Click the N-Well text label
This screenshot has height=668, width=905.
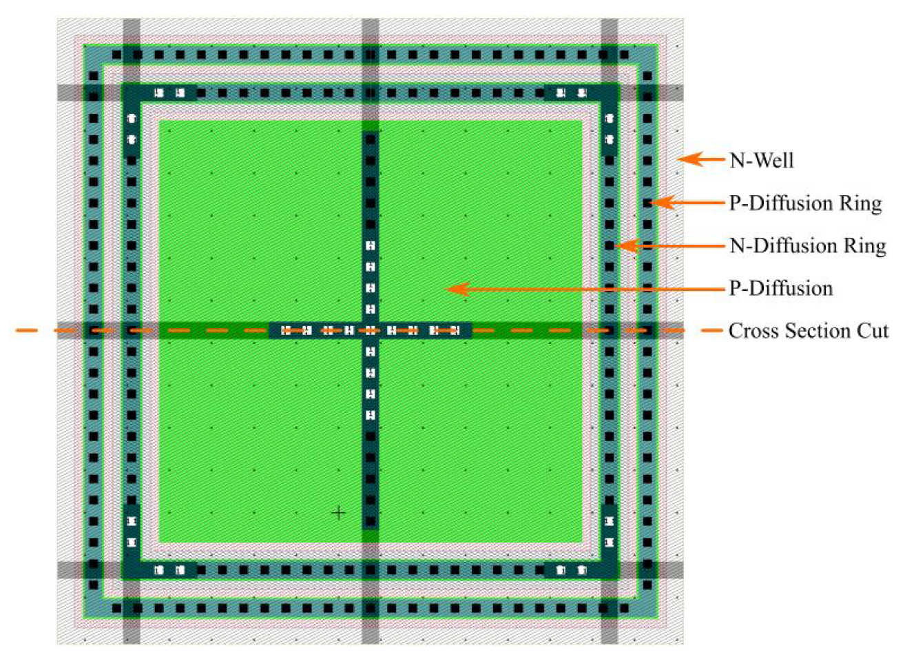[x=762, y=161]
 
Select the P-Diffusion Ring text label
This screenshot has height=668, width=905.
[x=805, y=203]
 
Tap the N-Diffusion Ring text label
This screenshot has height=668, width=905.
[x=807, y=246]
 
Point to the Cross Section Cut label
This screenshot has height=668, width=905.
[x=808, y=331]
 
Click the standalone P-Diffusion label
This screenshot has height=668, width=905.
[x=780, y=288]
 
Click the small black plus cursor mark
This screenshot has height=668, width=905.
[x=338, y=513]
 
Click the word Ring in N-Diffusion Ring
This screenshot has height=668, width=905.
[x=864, y=246]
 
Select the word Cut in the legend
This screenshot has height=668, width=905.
[x=872, y=331]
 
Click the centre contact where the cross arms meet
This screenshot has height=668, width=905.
[x=371, y=331]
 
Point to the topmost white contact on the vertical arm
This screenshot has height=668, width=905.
[x=371, y=246]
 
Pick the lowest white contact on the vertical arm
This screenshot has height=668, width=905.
[x=371, y=416]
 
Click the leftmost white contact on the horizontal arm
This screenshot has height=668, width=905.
[x=286, y=331]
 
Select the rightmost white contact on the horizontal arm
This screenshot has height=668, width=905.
[x=455, y=331]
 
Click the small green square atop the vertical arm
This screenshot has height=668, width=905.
[x=371, y=125]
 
